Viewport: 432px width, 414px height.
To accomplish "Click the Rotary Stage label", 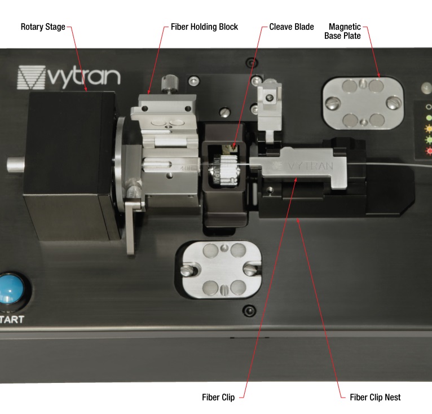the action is tap(43, 27).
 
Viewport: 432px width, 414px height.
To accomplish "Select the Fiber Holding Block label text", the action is tap(204, 27).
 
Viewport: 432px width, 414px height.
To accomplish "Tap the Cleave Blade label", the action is tap(292, 27).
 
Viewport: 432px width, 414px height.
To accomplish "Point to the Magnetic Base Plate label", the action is tap(342, 31).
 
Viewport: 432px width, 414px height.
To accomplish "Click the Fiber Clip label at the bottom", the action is tap(218, 397).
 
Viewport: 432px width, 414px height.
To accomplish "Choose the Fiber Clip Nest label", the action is tap(375, 397).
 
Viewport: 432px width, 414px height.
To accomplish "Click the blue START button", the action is tap(11, 289).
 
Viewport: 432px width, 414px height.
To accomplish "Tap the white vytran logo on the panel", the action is tap(69, 77).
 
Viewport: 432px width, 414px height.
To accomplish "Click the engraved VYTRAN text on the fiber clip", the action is tap(310, 166).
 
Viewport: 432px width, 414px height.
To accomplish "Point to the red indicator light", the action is tap(429, 151).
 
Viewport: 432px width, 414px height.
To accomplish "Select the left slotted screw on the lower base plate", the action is tap(188, 270).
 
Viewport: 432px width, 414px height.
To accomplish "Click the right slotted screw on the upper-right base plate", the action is tap(394, 103).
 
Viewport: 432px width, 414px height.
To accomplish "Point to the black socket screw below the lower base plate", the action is tap(249, 311).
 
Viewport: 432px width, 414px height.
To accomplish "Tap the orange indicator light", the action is tap(429, 129).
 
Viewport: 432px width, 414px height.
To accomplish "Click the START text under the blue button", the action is tap(12, 319).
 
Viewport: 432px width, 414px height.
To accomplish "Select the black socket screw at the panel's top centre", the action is tap(252, 63).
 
